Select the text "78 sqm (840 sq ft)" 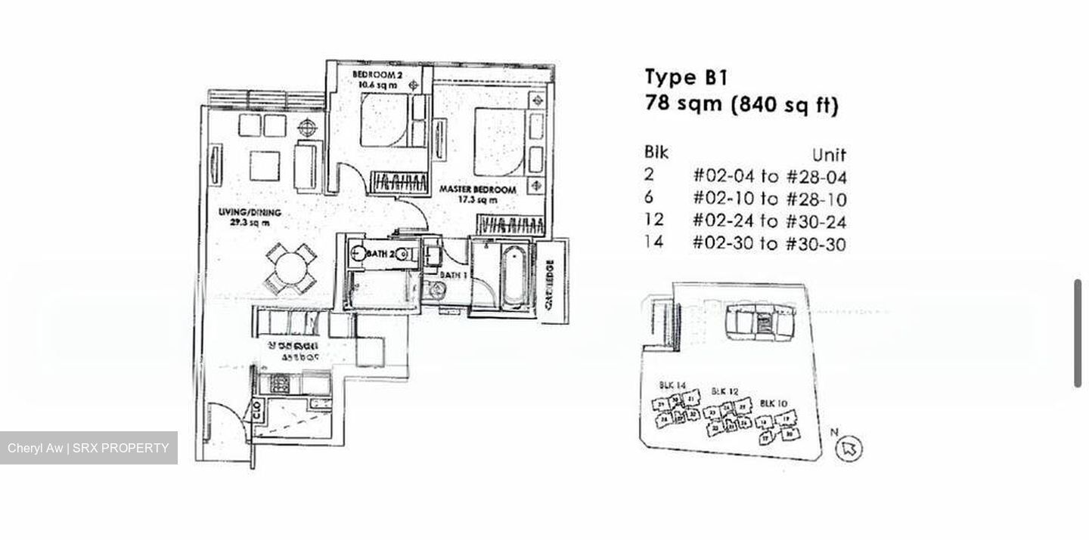click(x=741, y=104)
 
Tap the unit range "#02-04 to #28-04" click(x=769, y=177)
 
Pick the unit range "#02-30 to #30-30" click(x=769, y=244)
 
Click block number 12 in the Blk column click(x=654, y=221)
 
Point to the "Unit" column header click(x=828, y=155)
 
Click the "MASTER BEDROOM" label click(x=478, y=190)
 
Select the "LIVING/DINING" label click(x=250, y=213)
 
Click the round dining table click(x=290, y=268)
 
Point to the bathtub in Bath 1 click(x=513, y=275)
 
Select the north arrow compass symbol click(x=849, y=448)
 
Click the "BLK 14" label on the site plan click(x=672, y=385)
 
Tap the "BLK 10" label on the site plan click(x=773, y=403)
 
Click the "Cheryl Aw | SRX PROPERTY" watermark click(x=88, y=448)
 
